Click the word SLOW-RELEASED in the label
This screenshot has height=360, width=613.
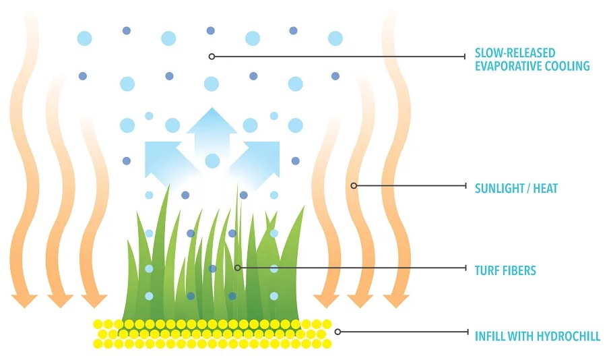coord(515,53)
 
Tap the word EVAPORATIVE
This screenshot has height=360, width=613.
coord(508,66)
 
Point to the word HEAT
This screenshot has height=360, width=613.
coord(546,188)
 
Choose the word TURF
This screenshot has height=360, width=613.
coord(485,270)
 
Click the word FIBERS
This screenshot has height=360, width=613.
coord(517,270)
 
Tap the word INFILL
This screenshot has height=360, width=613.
coord(490,336)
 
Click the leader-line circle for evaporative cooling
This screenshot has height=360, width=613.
coord(212,57)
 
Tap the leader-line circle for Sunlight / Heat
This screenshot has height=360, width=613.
coord(354,185)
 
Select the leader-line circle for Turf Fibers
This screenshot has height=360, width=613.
coord(237,268)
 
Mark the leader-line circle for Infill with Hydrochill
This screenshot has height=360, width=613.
coord(337,332)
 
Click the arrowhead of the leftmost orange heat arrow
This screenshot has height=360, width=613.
coord(24,301)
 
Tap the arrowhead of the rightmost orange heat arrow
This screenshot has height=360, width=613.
coord(396,301)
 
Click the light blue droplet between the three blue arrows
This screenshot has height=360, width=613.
coord(212,161)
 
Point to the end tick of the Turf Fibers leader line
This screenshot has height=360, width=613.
coord(465,268)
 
